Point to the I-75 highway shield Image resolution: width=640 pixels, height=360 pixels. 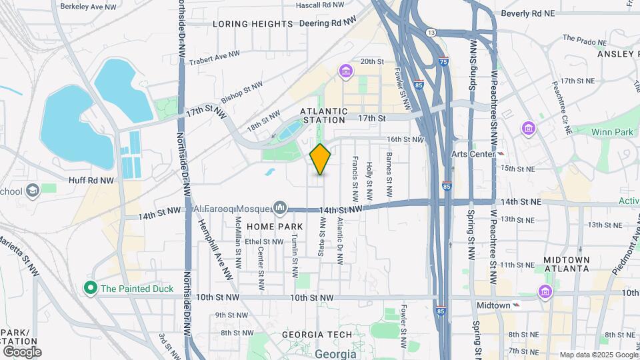click(444, 61)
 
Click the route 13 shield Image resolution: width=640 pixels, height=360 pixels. click(431, 32)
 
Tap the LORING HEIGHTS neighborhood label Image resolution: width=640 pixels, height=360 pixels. click(253, 24)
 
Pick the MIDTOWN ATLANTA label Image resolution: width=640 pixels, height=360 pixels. click(566, 263)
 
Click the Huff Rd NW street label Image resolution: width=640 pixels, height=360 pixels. click(91, 180)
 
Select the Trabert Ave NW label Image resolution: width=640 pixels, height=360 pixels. click(213, 59)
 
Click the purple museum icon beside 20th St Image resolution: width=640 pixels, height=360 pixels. click(345, 71)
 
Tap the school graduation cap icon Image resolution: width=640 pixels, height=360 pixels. click(32, 191)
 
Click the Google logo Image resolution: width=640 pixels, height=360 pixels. click(21, 351)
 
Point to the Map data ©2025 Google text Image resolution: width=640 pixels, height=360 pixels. click(598, 355)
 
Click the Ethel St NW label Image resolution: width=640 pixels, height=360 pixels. click(264, 241)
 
